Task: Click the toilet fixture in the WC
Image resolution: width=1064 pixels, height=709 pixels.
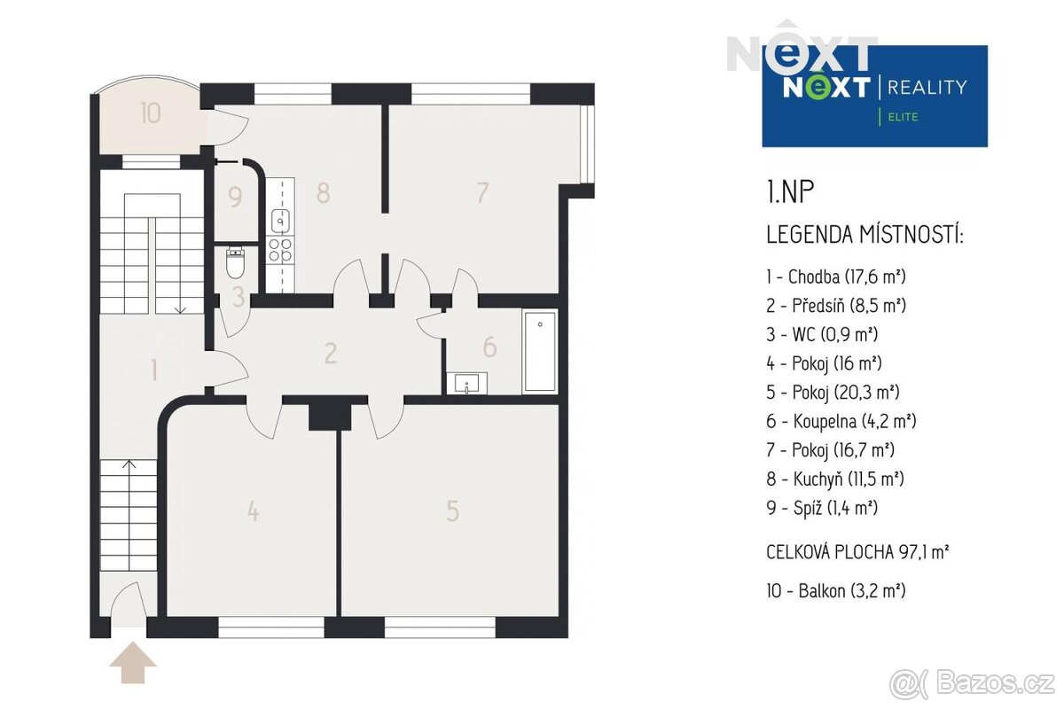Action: point(235,261)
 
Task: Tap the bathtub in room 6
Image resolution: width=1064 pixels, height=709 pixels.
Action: point(540,352)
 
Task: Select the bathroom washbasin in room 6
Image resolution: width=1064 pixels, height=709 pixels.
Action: point(467,383)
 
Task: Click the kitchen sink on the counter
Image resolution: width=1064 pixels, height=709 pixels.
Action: point(280,222)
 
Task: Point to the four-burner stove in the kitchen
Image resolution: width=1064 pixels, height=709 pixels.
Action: point(280,250)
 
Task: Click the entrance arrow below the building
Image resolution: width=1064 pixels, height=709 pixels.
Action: point(132,662)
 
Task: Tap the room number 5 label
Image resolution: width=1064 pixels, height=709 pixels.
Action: point(453,511)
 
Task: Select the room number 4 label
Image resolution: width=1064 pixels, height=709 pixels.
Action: point(254,511)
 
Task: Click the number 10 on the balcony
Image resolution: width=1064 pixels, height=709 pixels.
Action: point(151,113)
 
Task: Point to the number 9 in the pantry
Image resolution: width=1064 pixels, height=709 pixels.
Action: point(235,197)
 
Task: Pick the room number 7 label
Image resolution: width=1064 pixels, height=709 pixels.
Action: point(482,193)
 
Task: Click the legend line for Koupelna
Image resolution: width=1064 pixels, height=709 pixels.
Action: point(841,421)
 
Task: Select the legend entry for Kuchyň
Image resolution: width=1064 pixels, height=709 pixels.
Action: point(834,479)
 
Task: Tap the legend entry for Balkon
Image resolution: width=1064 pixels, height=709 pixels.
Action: point(836,591)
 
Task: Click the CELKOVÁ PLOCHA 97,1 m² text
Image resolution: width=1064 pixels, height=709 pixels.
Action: point(858,552)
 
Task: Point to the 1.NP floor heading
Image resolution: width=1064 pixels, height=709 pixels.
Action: point(790,191)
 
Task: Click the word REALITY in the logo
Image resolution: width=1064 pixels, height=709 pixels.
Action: point(927,88)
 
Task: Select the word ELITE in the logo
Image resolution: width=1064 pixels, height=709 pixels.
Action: point(903,117)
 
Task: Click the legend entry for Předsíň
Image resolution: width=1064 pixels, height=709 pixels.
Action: point(836,306)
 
